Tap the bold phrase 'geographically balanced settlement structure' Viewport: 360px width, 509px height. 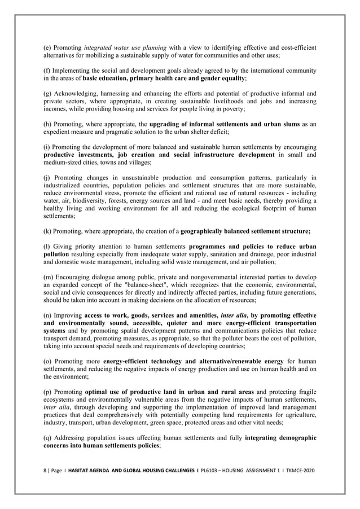click(x=245, y=231)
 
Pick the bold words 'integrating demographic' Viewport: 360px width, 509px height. click(x=280, y=438)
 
